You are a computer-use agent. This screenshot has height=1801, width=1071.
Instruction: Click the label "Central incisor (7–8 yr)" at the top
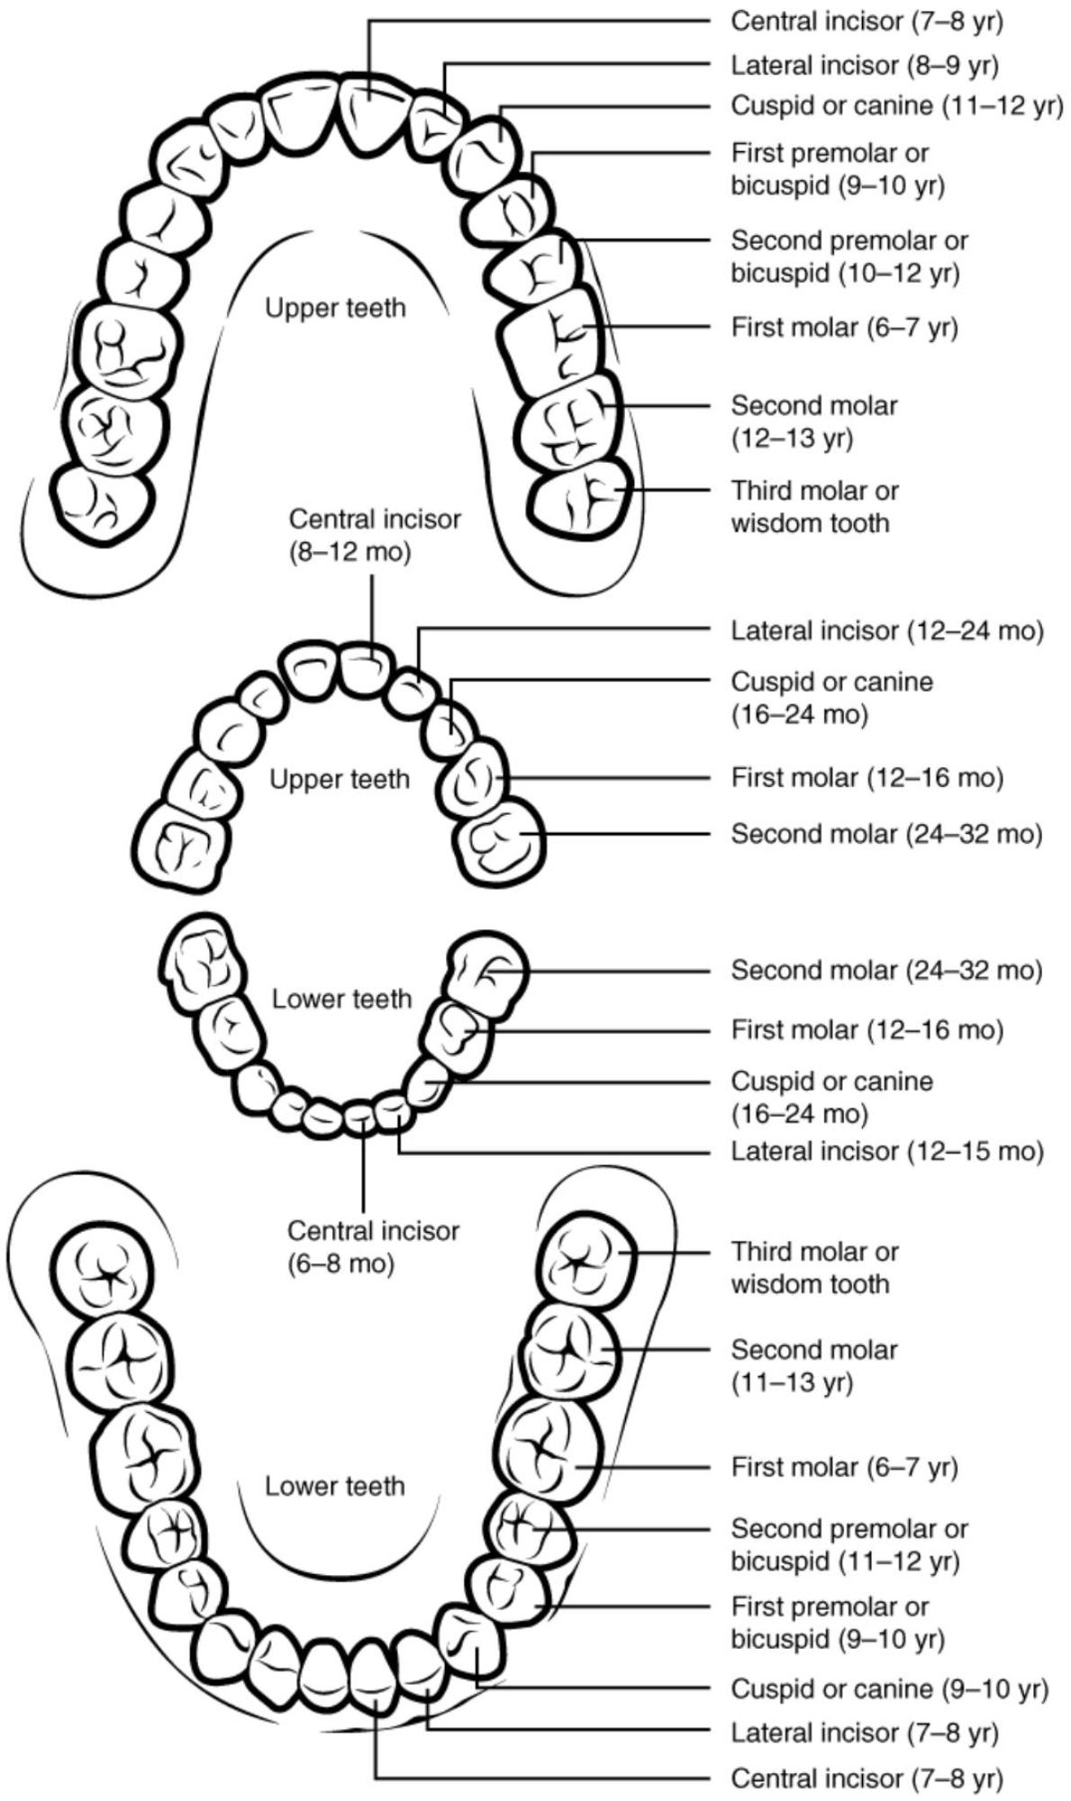[866, 22]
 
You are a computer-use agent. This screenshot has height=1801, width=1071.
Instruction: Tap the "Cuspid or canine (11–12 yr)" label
[896, 106]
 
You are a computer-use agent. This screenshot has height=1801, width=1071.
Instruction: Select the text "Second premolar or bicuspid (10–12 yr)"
[849, 257]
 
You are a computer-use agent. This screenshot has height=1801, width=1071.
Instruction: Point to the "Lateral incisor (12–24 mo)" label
[886, 631]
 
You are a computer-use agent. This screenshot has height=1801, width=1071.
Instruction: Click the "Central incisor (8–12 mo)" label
[375, 536]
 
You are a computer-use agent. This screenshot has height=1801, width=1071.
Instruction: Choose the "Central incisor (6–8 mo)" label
[373, 1247]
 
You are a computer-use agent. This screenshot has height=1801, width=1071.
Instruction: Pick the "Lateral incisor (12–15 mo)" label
[886, 1151]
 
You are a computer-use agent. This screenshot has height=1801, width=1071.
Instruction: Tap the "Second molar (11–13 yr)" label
[814, 1365]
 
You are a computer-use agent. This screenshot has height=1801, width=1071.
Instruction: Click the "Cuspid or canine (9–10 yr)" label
[889, 1688]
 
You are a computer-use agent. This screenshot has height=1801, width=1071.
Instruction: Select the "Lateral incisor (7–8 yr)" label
[865, 1732]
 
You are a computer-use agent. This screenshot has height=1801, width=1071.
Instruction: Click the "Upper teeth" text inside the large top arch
[335, 308]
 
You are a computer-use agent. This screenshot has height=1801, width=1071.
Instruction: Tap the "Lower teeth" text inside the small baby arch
[341, 999]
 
